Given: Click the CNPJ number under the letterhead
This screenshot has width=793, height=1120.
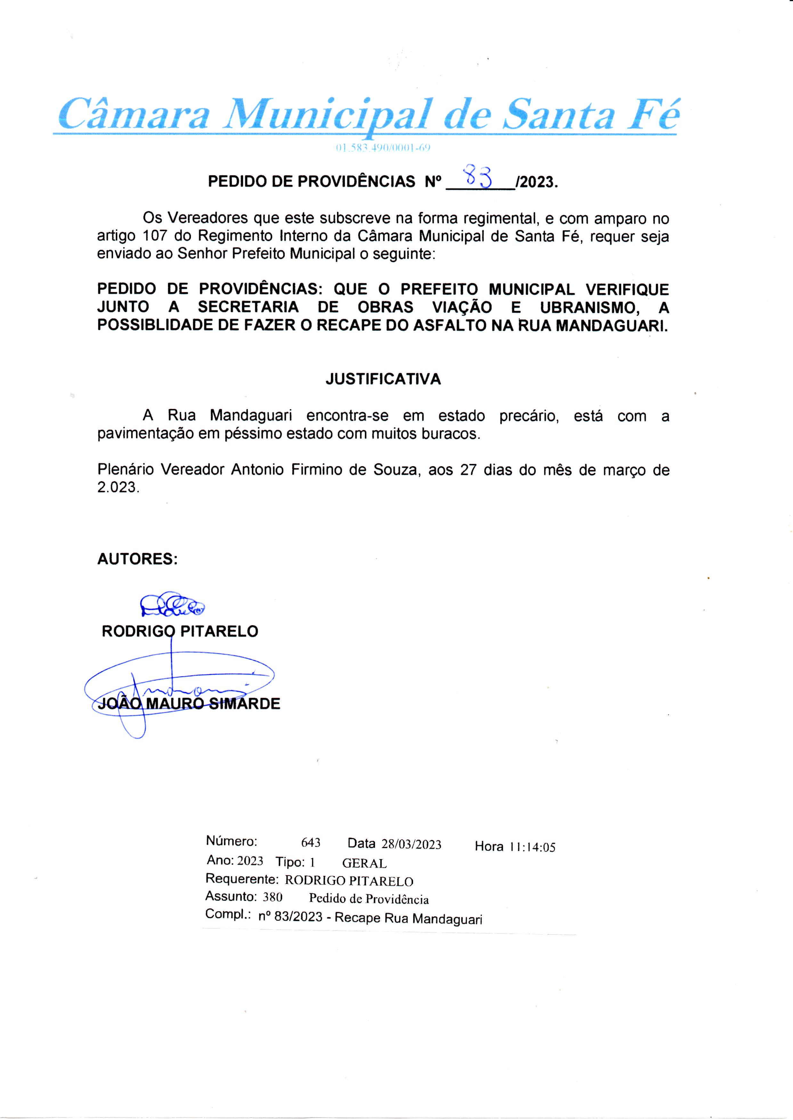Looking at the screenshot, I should pyautogui.click(x=382, y=148).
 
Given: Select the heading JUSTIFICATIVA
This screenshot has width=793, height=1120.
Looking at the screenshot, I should pyautogui.click(x=383, y=379).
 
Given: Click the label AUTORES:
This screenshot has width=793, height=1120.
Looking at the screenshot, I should pyautogui.click(x=137, y=559).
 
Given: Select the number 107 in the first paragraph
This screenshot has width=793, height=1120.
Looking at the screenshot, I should pyautogui.click(x=155, y=236).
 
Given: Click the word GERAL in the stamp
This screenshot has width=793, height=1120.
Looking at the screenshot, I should pyautogui.click(x=364, y=863).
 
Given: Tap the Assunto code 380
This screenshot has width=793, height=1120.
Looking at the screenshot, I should pyautogui.click(x=272, y=897).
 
